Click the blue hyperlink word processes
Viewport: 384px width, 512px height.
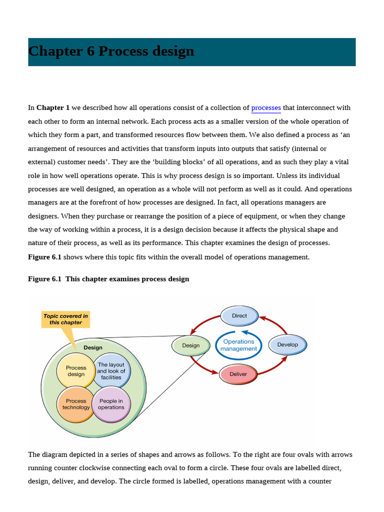(x=266, y=107)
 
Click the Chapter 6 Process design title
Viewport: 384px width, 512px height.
(x=111, y=51)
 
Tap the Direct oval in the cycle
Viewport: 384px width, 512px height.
(x=239, y=315)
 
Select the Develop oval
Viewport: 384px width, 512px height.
(x=287, y=344)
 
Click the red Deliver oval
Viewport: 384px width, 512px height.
(x=238, y=374)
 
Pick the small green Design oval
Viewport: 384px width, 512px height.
(x=190, y=345)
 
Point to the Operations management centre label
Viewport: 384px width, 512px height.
(x=238, y=345)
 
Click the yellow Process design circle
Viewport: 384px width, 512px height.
(x=76, y=371)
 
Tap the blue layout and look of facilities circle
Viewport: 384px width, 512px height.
(x=111, y=371)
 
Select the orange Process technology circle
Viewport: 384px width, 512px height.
(x=76, y=404)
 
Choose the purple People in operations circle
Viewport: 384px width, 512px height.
(x=111, y=404)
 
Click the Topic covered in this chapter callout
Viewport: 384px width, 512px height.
(x=65, y=319)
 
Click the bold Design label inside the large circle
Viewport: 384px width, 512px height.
(x=93, y=347)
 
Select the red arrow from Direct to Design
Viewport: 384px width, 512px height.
(x=203, y=323)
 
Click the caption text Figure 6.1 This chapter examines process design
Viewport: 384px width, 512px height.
(x=108, y=279)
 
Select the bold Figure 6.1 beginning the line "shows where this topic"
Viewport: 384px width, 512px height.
(x=44, y=257)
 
